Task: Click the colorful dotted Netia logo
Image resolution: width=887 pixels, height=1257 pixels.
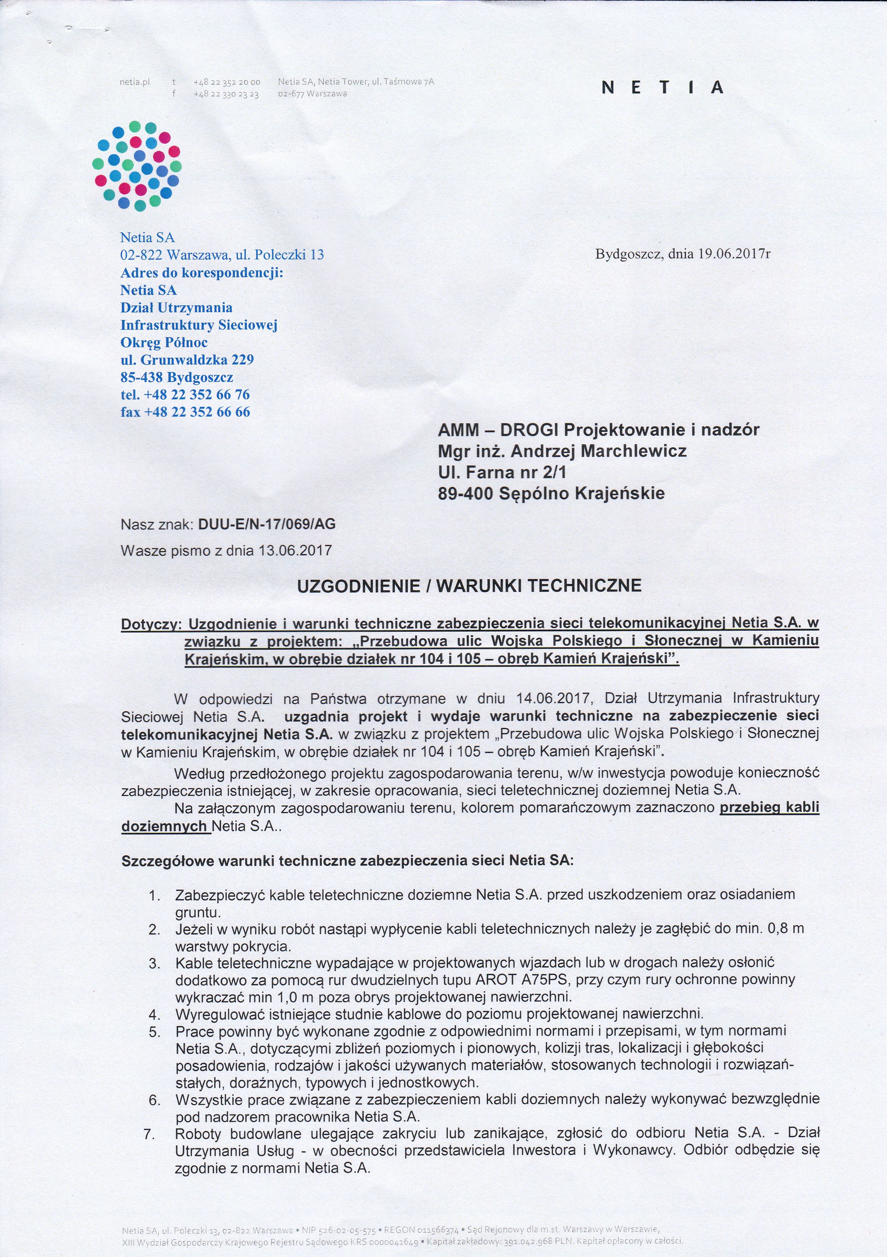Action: coord(137,166)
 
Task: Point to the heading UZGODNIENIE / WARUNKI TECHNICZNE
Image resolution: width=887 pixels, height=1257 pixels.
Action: coord(469,586)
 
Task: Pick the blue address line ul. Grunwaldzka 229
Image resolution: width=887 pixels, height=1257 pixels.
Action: coord(187,360)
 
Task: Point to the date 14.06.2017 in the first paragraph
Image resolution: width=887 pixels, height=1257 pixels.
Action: coord(554,698)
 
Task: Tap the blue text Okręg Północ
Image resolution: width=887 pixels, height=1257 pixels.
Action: coord(164,342)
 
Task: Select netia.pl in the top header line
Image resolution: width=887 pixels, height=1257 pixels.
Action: coord(135,82)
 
